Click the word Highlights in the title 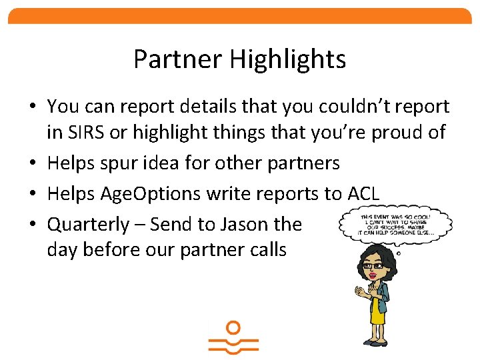(x=288, y=59)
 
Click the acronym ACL (x=363, y=194)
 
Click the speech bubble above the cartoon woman (x=395, y=223)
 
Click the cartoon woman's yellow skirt (x=379, y=313)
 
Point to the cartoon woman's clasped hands (x=362, y=291)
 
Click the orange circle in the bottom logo (x=233, y=328)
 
